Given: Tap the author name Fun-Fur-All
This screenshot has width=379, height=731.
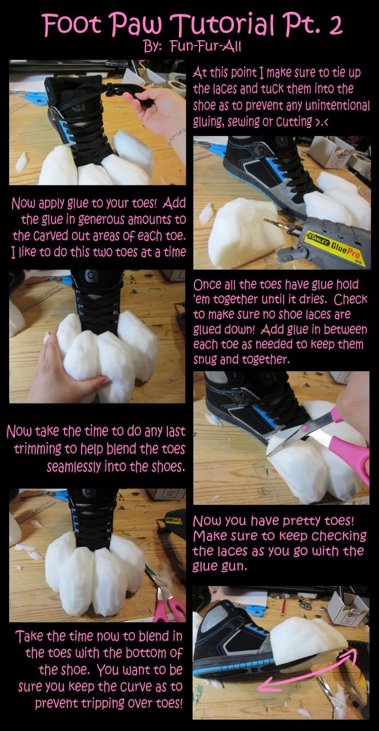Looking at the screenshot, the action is coord(206,47).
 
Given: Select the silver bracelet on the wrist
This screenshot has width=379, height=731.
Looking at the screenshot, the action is coord(175,136).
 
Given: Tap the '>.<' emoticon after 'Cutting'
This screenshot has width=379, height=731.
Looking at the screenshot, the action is coord(321,122).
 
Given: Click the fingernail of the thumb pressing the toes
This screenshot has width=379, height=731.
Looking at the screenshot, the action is coord(105,380).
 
